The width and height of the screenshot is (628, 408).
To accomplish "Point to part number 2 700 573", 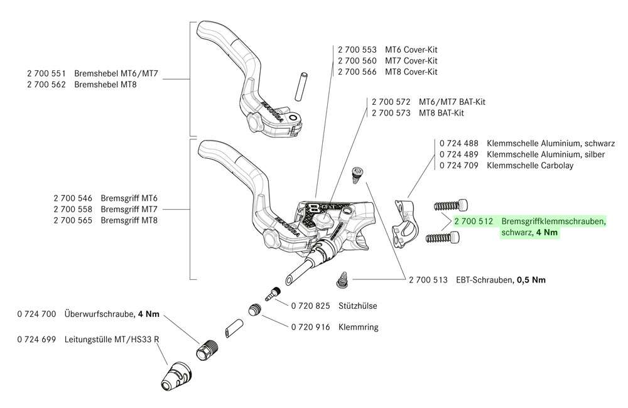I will [x=391, y=113].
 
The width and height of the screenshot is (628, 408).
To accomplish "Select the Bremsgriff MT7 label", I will [x=129, y=208].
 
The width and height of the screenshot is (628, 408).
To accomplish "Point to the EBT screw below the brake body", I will [x=343, y=279].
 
